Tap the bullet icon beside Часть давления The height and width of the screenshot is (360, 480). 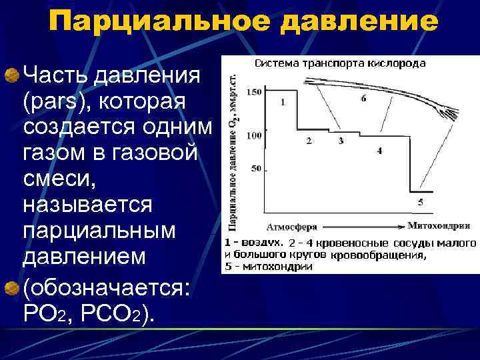pos(11,75)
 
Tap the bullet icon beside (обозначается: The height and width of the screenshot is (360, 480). pos(11,287)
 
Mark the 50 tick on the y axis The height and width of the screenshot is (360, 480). pos(255,169)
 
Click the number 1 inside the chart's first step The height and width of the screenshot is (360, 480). pos(283,103)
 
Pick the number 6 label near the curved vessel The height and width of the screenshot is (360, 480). pos(363,99)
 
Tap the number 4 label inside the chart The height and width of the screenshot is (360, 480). pos(379,151)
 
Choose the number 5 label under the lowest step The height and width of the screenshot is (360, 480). pos(420,201)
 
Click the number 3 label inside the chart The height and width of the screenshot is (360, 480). pos(341,141)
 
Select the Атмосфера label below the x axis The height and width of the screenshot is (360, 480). pos(293,225)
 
